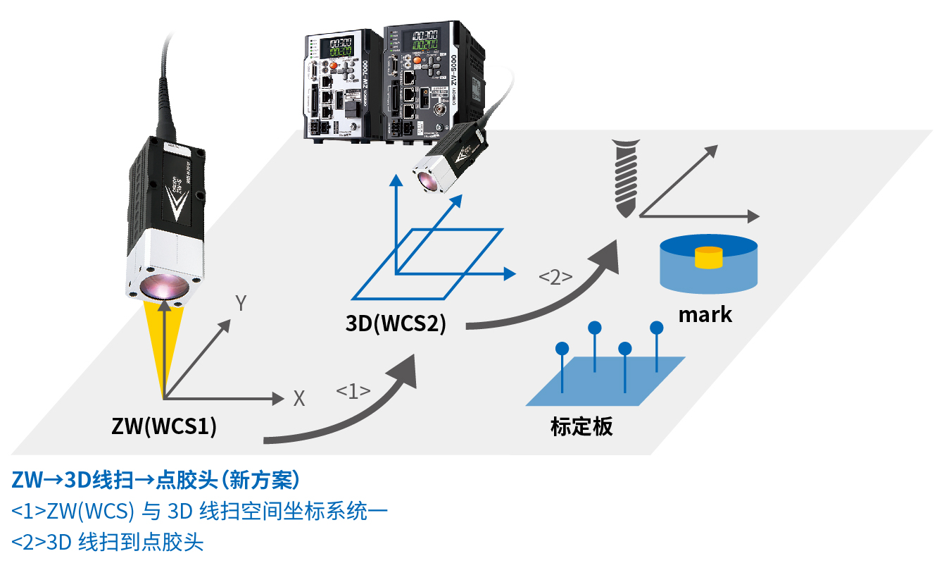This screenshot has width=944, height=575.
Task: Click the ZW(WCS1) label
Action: [164, 426]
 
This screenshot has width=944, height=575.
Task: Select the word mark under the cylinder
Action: [705, 314]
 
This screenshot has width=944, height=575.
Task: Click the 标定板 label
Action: [581, 426]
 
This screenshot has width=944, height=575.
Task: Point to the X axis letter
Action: [299, 399]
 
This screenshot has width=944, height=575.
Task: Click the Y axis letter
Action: [241, 304]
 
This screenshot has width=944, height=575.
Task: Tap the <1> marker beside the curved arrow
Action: [353, 391]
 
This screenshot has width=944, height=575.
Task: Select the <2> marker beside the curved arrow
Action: [555, 277]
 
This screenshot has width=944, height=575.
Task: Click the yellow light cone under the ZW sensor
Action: [164, 345]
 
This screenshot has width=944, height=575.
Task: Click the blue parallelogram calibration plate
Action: [605, 381]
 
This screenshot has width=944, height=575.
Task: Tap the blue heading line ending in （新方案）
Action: [156, 480]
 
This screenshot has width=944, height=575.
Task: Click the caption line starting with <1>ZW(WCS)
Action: [199, 511]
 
